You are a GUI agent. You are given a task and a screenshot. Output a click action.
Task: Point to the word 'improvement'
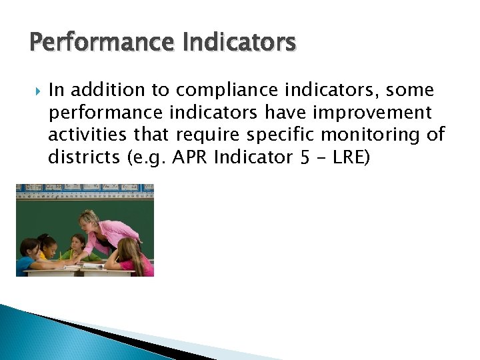tap(377, 113)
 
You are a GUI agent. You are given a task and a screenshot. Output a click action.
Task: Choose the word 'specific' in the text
tap(281, 135)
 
